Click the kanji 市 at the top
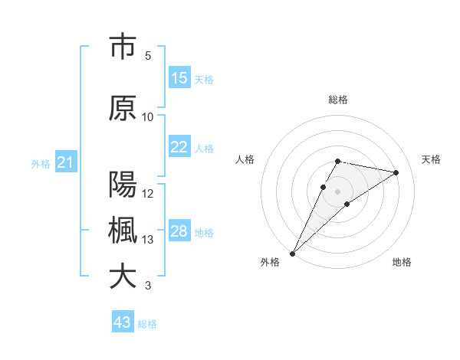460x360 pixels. click(123, 47)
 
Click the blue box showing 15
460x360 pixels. click(179, 78)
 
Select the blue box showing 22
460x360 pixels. click(179, 147)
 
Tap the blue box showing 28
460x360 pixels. click(179, 231)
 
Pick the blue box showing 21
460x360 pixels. click(64, 162)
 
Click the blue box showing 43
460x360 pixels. click(123, 322)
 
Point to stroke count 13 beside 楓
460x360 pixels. click(148, 240)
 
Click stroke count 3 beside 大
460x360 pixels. click(148, 286)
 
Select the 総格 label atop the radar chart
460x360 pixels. click(338, 100)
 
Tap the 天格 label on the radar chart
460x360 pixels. click(431, 159)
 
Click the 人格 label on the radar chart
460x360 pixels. click(245, 159)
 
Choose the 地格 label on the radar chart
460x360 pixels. click(402, 262)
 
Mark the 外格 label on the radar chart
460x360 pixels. click(270, 262)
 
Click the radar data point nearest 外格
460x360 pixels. click(292, 253)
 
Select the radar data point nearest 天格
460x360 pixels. click(396, 172)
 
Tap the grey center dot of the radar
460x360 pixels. click(338, 191)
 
